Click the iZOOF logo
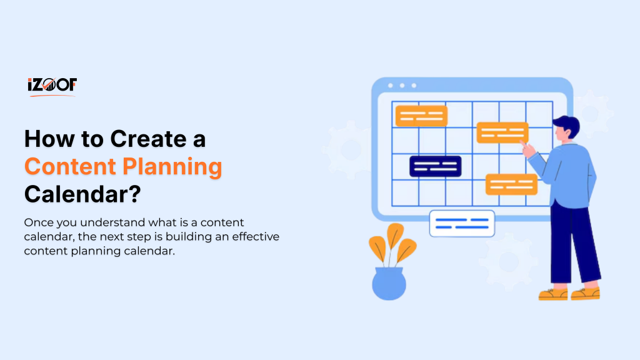tap(51, 86)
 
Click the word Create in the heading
tap(146, 139)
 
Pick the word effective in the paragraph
tap(252, 237)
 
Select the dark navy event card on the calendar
tap(435, 166)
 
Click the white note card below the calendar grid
tap(462, 223)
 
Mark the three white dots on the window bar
tap(402, 86)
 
